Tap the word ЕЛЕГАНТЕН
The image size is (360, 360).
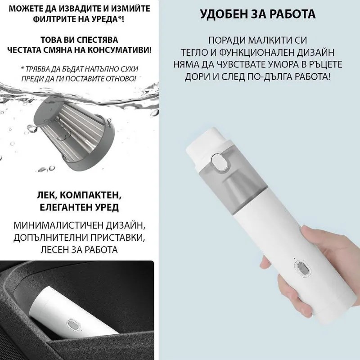coord(58,208)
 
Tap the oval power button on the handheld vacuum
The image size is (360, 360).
coord(300,272)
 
